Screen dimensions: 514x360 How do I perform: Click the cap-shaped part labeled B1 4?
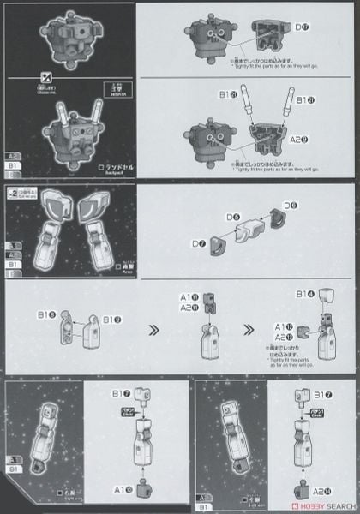point(326,297)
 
